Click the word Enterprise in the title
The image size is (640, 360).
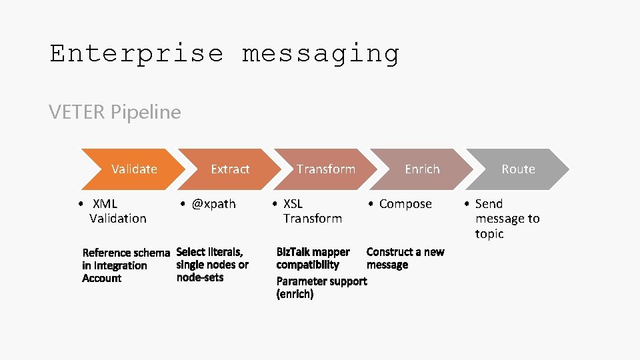coord(137,53)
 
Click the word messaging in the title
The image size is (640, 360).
coord(321,53)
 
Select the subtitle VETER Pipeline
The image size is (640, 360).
coord(115,112)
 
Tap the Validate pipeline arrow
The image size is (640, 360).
coord(134,169)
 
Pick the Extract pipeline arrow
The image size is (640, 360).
coord(230,169)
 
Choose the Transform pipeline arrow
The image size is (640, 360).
coord(326,169)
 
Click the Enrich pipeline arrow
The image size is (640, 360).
coord(422,169)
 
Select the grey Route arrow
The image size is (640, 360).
coord(518,169)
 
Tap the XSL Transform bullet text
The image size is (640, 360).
coord(311,211)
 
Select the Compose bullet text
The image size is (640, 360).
coord(405,204)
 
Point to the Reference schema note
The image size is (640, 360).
coord(125,265)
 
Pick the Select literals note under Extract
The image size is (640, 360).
coord(212,265)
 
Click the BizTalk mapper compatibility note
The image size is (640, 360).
coord(313,258)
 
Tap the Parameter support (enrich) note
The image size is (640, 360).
coord(321,287)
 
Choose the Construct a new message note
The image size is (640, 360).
coord(405,258)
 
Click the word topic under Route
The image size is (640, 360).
coord(489,234)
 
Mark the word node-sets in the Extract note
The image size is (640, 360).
coord(200,277)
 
